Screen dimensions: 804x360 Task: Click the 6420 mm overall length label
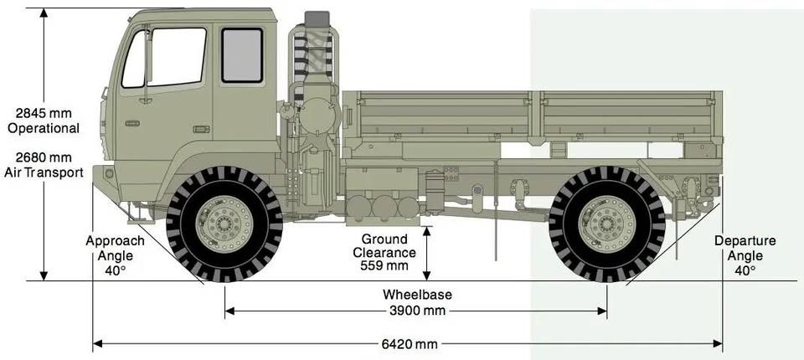410,344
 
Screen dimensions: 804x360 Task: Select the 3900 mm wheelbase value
417,311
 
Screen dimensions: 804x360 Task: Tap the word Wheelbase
417,295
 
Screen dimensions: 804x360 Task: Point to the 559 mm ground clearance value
384,265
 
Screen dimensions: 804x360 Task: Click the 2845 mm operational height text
44,113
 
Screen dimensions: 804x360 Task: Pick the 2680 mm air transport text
44,157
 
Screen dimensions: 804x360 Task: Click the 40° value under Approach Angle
115,270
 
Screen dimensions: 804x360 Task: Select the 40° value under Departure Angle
745,270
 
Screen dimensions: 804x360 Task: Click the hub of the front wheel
224,224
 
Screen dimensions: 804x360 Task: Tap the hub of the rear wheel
607,224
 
